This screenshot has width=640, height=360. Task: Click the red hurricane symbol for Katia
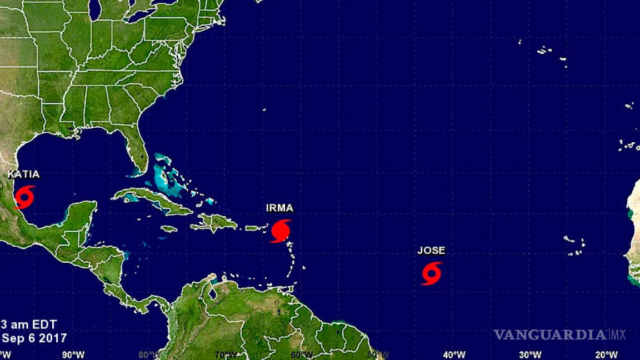coord(24,197)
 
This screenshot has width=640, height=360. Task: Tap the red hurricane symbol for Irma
coord(280,231)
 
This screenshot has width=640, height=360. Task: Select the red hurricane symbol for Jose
coord(432,273)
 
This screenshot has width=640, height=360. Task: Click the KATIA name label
coord(23,174)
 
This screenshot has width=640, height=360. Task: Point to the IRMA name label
coord(279,208)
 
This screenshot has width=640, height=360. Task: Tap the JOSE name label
coord(431,251)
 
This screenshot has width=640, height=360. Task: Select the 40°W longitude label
coord(454,354)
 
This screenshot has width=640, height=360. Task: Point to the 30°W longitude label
coord(530,354)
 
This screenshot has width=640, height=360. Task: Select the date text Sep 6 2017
coord(34,338)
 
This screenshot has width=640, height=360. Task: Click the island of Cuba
coord(150,200)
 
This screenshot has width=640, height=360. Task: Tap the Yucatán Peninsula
coord(81,214)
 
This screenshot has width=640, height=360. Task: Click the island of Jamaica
coord(168,228)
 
